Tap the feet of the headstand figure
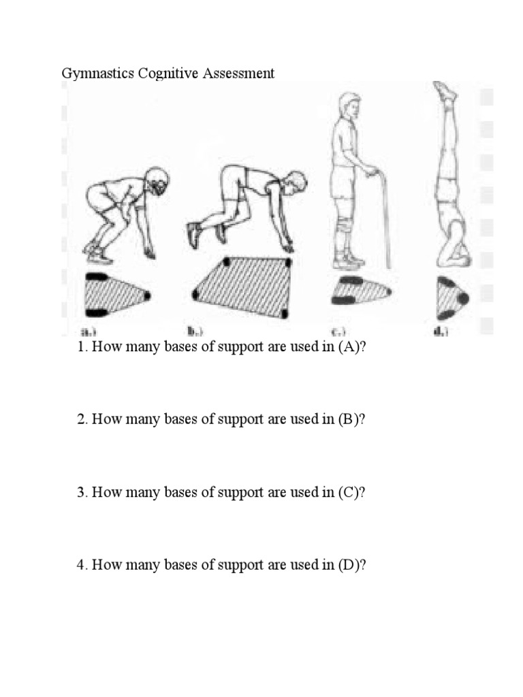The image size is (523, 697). pyautogui.click(x=445, y=91)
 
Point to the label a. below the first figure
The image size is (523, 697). pyautogui.click(x=89, y=332)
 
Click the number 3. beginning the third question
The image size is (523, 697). pyautogui.click(x=82, y=492)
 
